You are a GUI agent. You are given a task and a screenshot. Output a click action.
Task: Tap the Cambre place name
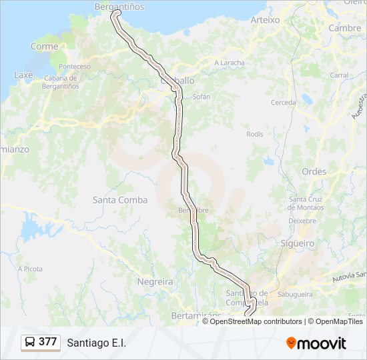coord(344,28)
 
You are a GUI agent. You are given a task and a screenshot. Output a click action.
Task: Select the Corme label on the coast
coord(44,47)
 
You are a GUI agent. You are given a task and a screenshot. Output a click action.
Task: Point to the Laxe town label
coord(24,75)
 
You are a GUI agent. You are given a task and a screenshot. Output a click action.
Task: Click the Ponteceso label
coord(75,67)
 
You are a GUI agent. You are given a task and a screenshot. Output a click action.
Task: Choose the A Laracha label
coord(229,63)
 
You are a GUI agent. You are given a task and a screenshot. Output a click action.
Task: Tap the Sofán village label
coord(202,97)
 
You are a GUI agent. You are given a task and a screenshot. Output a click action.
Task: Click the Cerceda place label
coord(284,103)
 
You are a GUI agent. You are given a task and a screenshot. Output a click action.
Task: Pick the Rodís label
coord(255,134)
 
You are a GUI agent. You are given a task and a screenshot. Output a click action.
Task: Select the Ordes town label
coord(314,171)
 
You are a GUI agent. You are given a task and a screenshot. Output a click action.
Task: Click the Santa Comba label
coord(120,199)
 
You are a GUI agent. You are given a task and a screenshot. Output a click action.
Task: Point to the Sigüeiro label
coord(297,243)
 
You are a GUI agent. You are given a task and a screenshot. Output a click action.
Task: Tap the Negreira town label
coord(155,281)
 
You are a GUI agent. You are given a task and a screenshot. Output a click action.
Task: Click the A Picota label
coord(30,269)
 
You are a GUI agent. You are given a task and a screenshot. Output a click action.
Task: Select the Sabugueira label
coord(296,293)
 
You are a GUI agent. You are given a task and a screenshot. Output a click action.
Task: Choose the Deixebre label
coord(302,220)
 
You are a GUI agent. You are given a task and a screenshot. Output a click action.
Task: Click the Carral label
coord(339,75)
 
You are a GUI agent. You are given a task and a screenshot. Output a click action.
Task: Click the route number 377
coord(48,342)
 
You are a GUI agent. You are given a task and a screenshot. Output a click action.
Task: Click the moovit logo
coord(316,343)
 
